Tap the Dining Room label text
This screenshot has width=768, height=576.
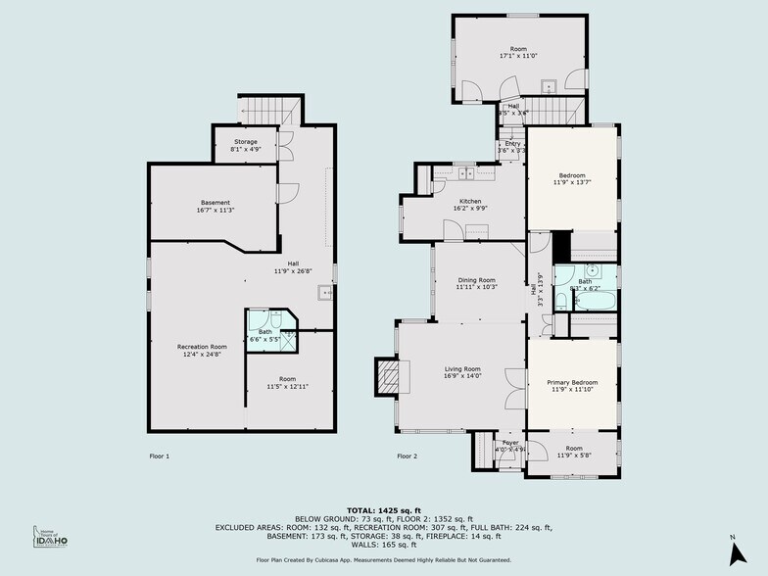coord(477,280)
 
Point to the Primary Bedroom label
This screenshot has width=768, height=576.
coord(571,382)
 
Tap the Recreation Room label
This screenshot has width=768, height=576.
coord(202,347)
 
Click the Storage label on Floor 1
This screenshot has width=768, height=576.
coord(245,142)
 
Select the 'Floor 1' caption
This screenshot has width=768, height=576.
coord(159,456)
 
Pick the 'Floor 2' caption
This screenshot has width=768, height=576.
coord(407,456)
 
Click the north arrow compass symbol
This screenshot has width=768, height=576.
coord(732,552)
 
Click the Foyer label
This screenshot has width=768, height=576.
coord(510,443)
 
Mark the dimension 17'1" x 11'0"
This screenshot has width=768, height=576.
coord(518,56)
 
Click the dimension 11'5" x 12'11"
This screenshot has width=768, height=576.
coord(287,387)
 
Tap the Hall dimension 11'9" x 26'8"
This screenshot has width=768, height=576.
coord(287,270)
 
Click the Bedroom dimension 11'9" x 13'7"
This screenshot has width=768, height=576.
coord(572,182)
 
